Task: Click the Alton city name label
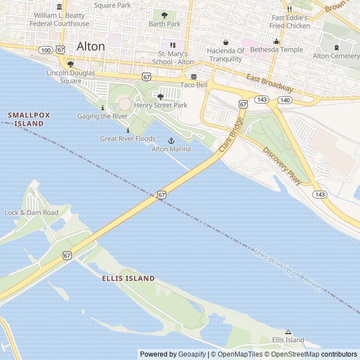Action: tap(91, 46)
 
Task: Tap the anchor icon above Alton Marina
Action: tap(171, 141)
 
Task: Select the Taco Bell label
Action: tap(193, 85)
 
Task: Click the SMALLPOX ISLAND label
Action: tap(29, 119)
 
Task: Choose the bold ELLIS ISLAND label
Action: tap(128, 278)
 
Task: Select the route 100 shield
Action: tap(46, 51)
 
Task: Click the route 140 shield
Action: tap(285, 100)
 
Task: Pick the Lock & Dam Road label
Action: tap(31, 213)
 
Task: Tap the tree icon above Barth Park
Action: tap(165, 16)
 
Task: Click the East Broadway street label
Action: tap(269, 84)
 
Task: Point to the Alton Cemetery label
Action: tap(336, 56)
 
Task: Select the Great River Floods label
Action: tap(128, 138)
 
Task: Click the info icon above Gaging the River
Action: tap(102, 107)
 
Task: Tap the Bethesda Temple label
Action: tap(276, 49)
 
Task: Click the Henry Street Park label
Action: tap(160, 105)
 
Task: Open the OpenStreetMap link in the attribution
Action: tap(295, 354)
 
